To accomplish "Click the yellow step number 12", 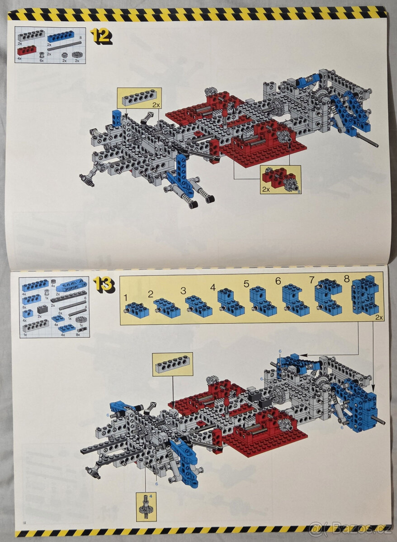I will (100, 36).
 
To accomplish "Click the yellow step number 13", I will (104, 285).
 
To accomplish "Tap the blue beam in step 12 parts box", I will (61, 36).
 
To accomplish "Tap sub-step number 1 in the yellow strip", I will (126, 298).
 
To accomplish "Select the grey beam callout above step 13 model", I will (173, 364).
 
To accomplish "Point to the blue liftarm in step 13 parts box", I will (71, 285).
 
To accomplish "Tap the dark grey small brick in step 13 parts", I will (43, 309).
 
